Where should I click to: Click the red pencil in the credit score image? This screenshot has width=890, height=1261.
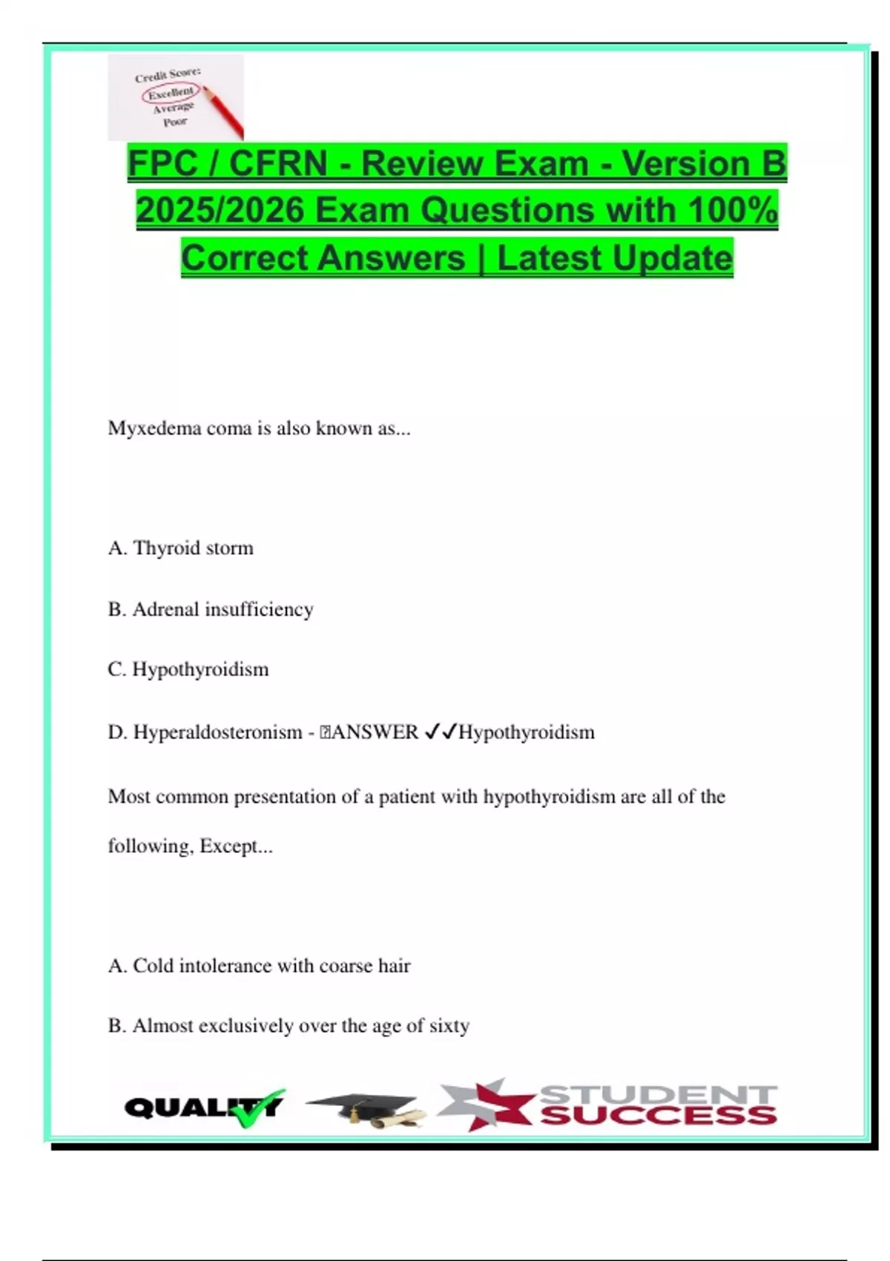[x=223, y=113]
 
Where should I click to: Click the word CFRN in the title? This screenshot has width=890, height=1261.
[x=278, y=164]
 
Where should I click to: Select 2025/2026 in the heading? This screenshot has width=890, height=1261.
[x=220, y=211]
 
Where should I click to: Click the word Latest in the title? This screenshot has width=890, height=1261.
[x=549, y=258]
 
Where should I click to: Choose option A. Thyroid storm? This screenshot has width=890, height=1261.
[x=181, y=548]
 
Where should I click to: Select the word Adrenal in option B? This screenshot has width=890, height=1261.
[x=165, y=610]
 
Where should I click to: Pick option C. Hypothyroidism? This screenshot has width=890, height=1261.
[x=188, y=670]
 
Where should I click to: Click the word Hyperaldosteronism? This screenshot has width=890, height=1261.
[x=217, y=733]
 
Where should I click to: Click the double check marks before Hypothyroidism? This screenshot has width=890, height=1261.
[x=440, y=733]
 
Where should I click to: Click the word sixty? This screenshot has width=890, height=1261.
[x=449, y=1026]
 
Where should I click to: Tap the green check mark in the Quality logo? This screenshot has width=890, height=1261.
[x=256, y=1108]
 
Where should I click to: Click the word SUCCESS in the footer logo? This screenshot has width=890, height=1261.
[x=659, y=1116]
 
